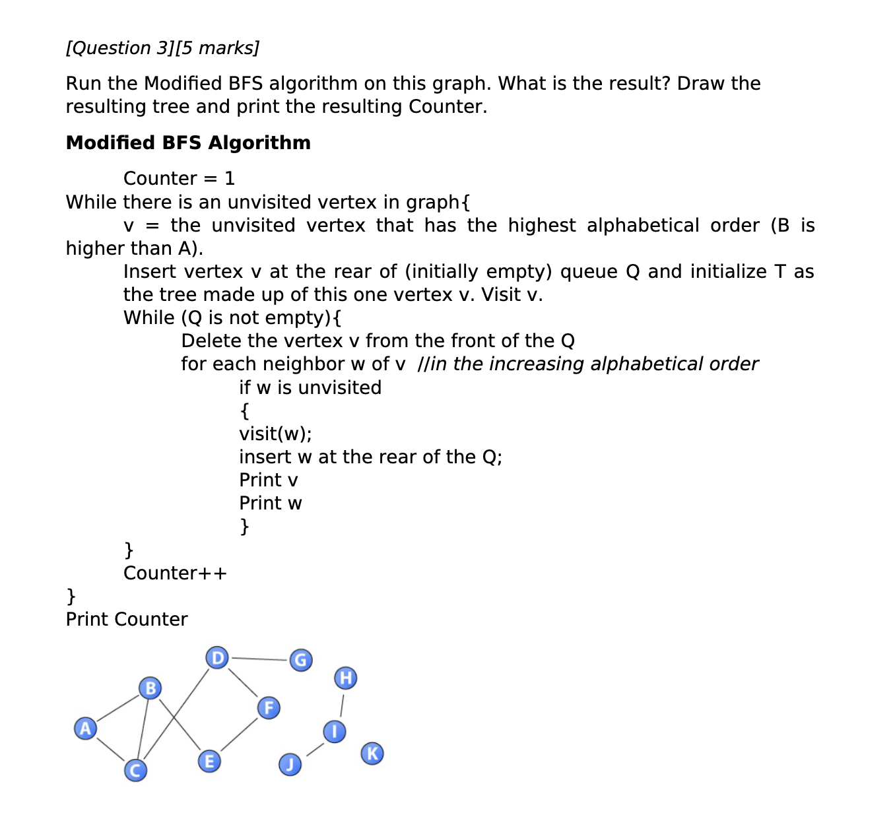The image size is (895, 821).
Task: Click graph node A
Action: coord(85,729)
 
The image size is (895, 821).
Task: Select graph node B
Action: coord(150,688)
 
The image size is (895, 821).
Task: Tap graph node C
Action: coord(136,770)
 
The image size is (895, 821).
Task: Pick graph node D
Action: coord(216,658)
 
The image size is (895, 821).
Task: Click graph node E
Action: coord(209,762)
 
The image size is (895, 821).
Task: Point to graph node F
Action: coord(269,708)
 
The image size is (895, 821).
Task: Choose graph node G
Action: coord(301,660)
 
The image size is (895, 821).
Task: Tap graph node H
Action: coord(346,678)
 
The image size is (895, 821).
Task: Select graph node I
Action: coord(335,731)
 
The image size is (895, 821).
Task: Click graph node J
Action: coord(290,764)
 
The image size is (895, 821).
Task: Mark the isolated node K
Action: coord(372,753)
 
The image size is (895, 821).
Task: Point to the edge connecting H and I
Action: coord(341,705)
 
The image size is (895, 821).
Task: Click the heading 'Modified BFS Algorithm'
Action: coord(188,143)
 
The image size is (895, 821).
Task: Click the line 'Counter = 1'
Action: coord(179,178)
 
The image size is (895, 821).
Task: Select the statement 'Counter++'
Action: coord(175,573)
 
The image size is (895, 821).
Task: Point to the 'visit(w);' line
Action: coord(275,434)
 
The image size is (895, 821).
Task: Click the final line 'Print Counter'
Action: coord(127,619)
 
